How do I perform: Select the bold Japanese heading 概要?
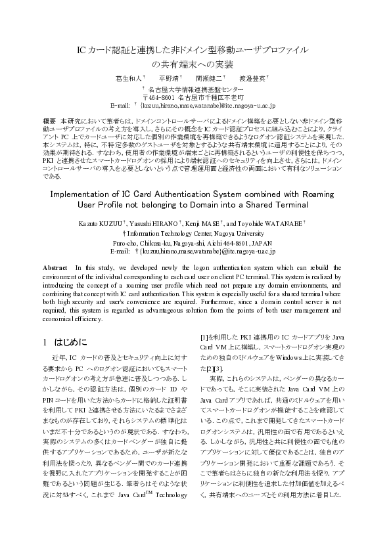pos(49,122)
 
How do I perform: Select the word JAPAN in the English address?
pos(269,242)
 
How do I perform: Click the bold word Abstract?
pos(55,268)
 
